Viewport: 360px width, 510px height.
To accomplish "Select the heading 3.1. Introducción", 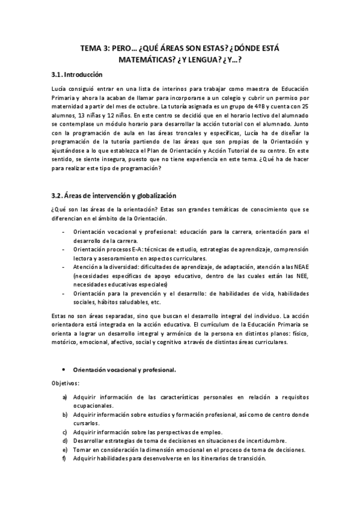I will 77,75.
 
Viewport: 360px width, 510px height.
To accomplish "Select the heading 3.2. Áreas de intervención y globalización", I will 114,196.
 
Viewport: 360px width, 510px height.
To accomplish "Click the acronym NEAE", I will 301,266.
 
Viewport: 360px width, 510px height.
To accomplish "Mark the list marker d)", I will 65,440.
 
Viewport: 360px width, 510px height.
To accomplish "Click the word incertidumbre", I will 262,440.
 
